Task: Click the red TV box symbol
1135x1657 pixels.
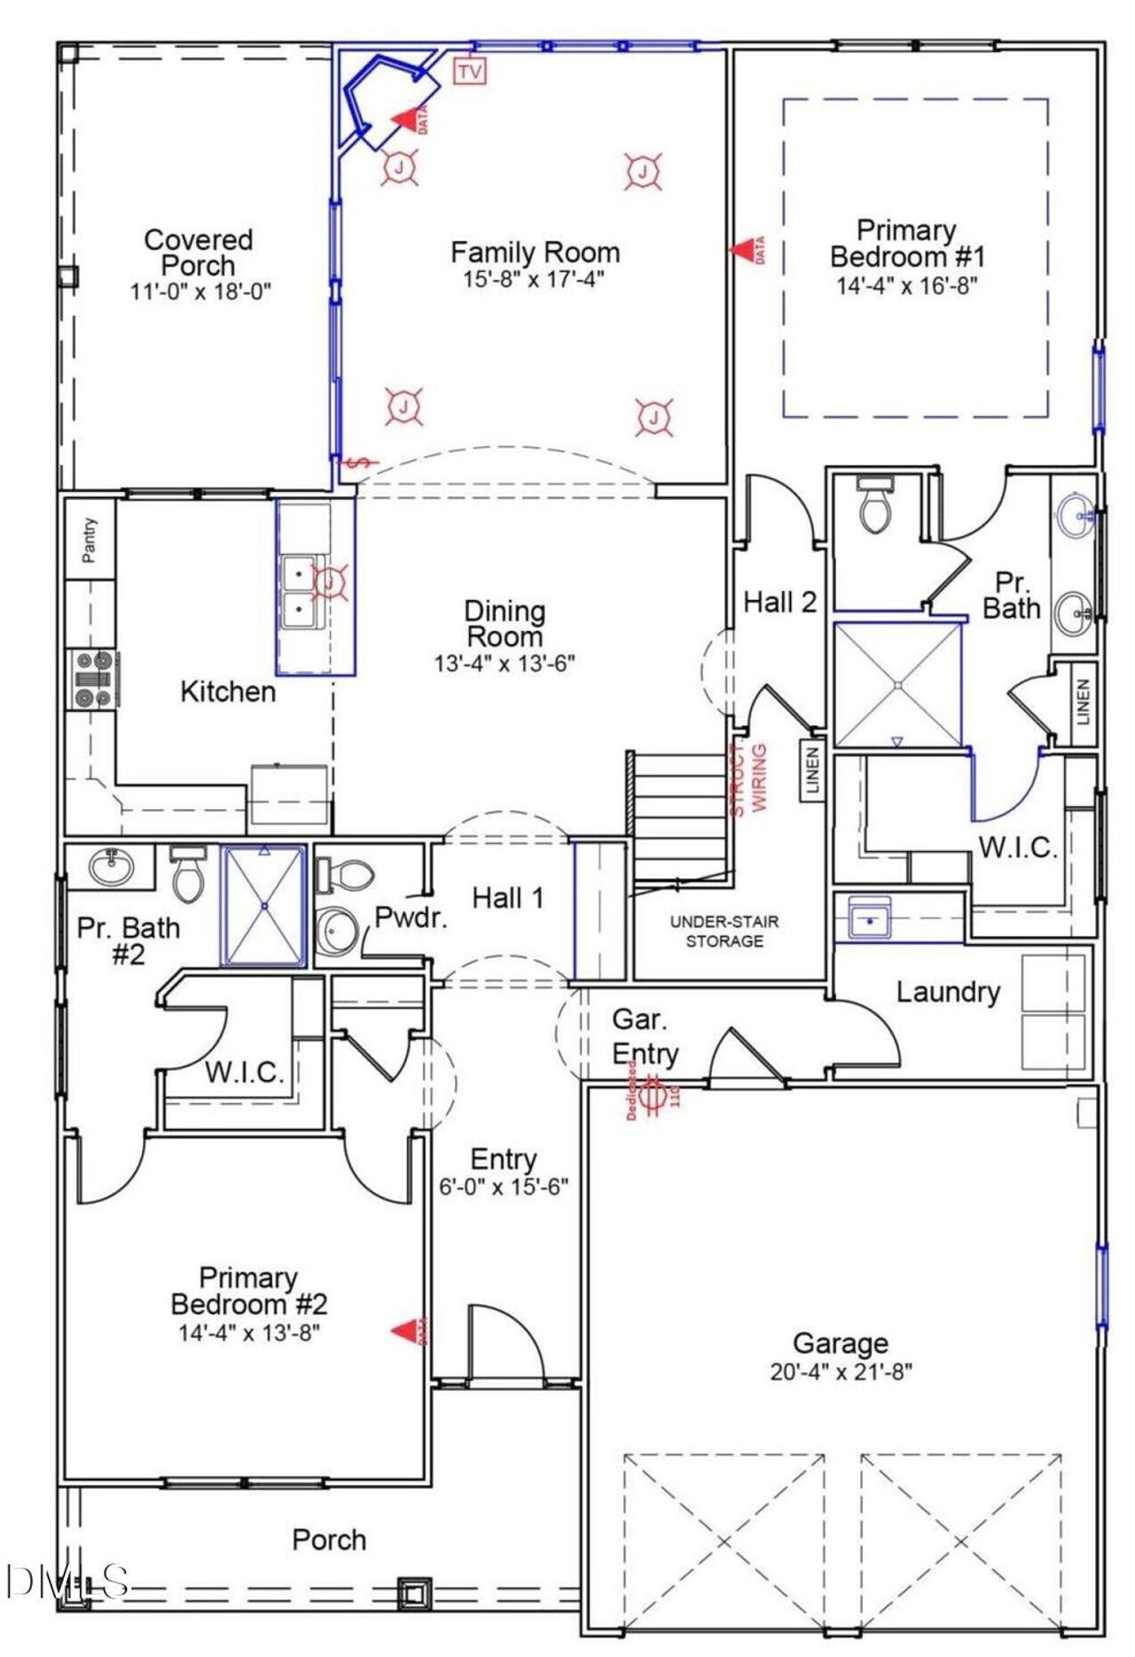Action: [471, 71]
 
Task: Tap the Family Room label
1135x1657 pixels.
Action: [535, 253]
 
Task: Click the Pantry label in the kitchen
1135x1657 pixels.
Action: [90, 540]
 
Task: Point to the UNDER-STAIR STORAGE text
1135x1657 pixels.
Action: [724, 931]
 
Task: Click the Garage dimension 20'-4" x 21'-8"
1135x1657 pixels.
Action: [841, 1372]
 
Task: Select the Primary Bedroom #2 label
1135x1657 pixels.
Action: [248, 1291]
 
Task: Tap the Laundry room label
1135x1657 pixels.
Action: [947, 992]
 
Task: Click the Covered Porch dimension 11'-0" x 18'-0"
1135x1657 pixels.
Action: [200, 292]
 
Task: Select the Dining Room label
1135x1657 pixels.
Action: [505, 623]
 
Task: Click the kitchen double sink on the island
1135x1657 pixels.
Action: [299, 592]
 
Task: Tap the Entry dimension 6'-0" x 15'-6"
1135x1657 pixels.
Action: [504, 1187]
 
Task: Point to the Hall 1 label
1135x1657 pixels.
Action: [507, 898]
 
